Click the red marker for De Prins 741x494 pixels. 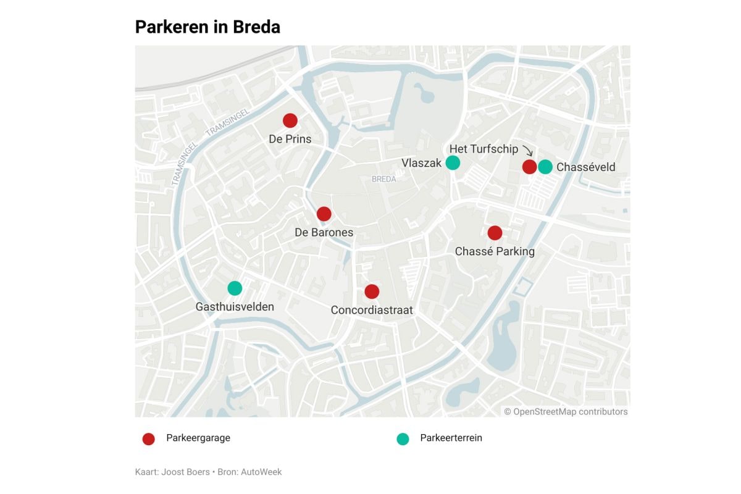click(290, 120)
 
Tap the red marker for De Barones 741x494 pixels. click(324, 214)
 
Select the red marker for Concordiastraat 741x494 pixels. click(372, 291)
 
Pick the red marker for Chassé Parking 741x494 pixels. click(495, 233)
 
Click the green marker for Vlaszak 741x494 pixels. click(453, 162)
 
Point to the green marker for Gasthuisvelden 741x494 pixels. click(235, 288)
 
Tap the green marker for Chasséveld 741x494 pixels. click(545, 167)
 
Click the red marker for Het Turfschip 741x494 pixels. click(529, 167)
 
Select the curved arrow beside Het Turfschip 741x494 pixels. click(527, 151)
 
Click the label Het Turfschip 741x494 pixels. click(484, 149)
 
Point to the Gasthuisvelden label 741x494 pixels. click(235, 307)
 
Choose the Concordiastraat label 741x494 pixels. click(372, 310)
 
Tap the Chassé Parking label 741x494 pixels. click(495, 251)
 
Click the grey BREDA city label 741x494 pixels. click(384, 179)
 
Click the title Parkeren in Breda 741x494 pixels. click(207, 27)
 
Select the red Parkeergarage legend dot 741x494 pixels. click(148, 439)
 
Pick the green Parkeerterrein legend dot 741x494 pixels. click(403, 439)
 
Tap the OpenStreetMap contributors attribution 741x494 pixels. click(566, 412)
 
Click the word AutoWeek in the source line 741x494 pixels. click(261, 472)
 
